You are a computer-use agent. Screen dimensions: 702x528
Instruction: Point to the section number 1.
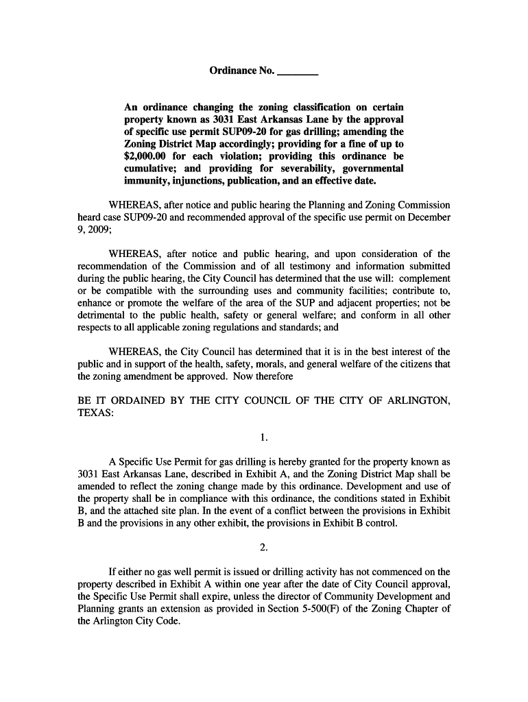click(264, 437)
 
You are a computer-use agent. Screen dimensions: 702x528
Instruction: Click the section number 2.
click(264, 547)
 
